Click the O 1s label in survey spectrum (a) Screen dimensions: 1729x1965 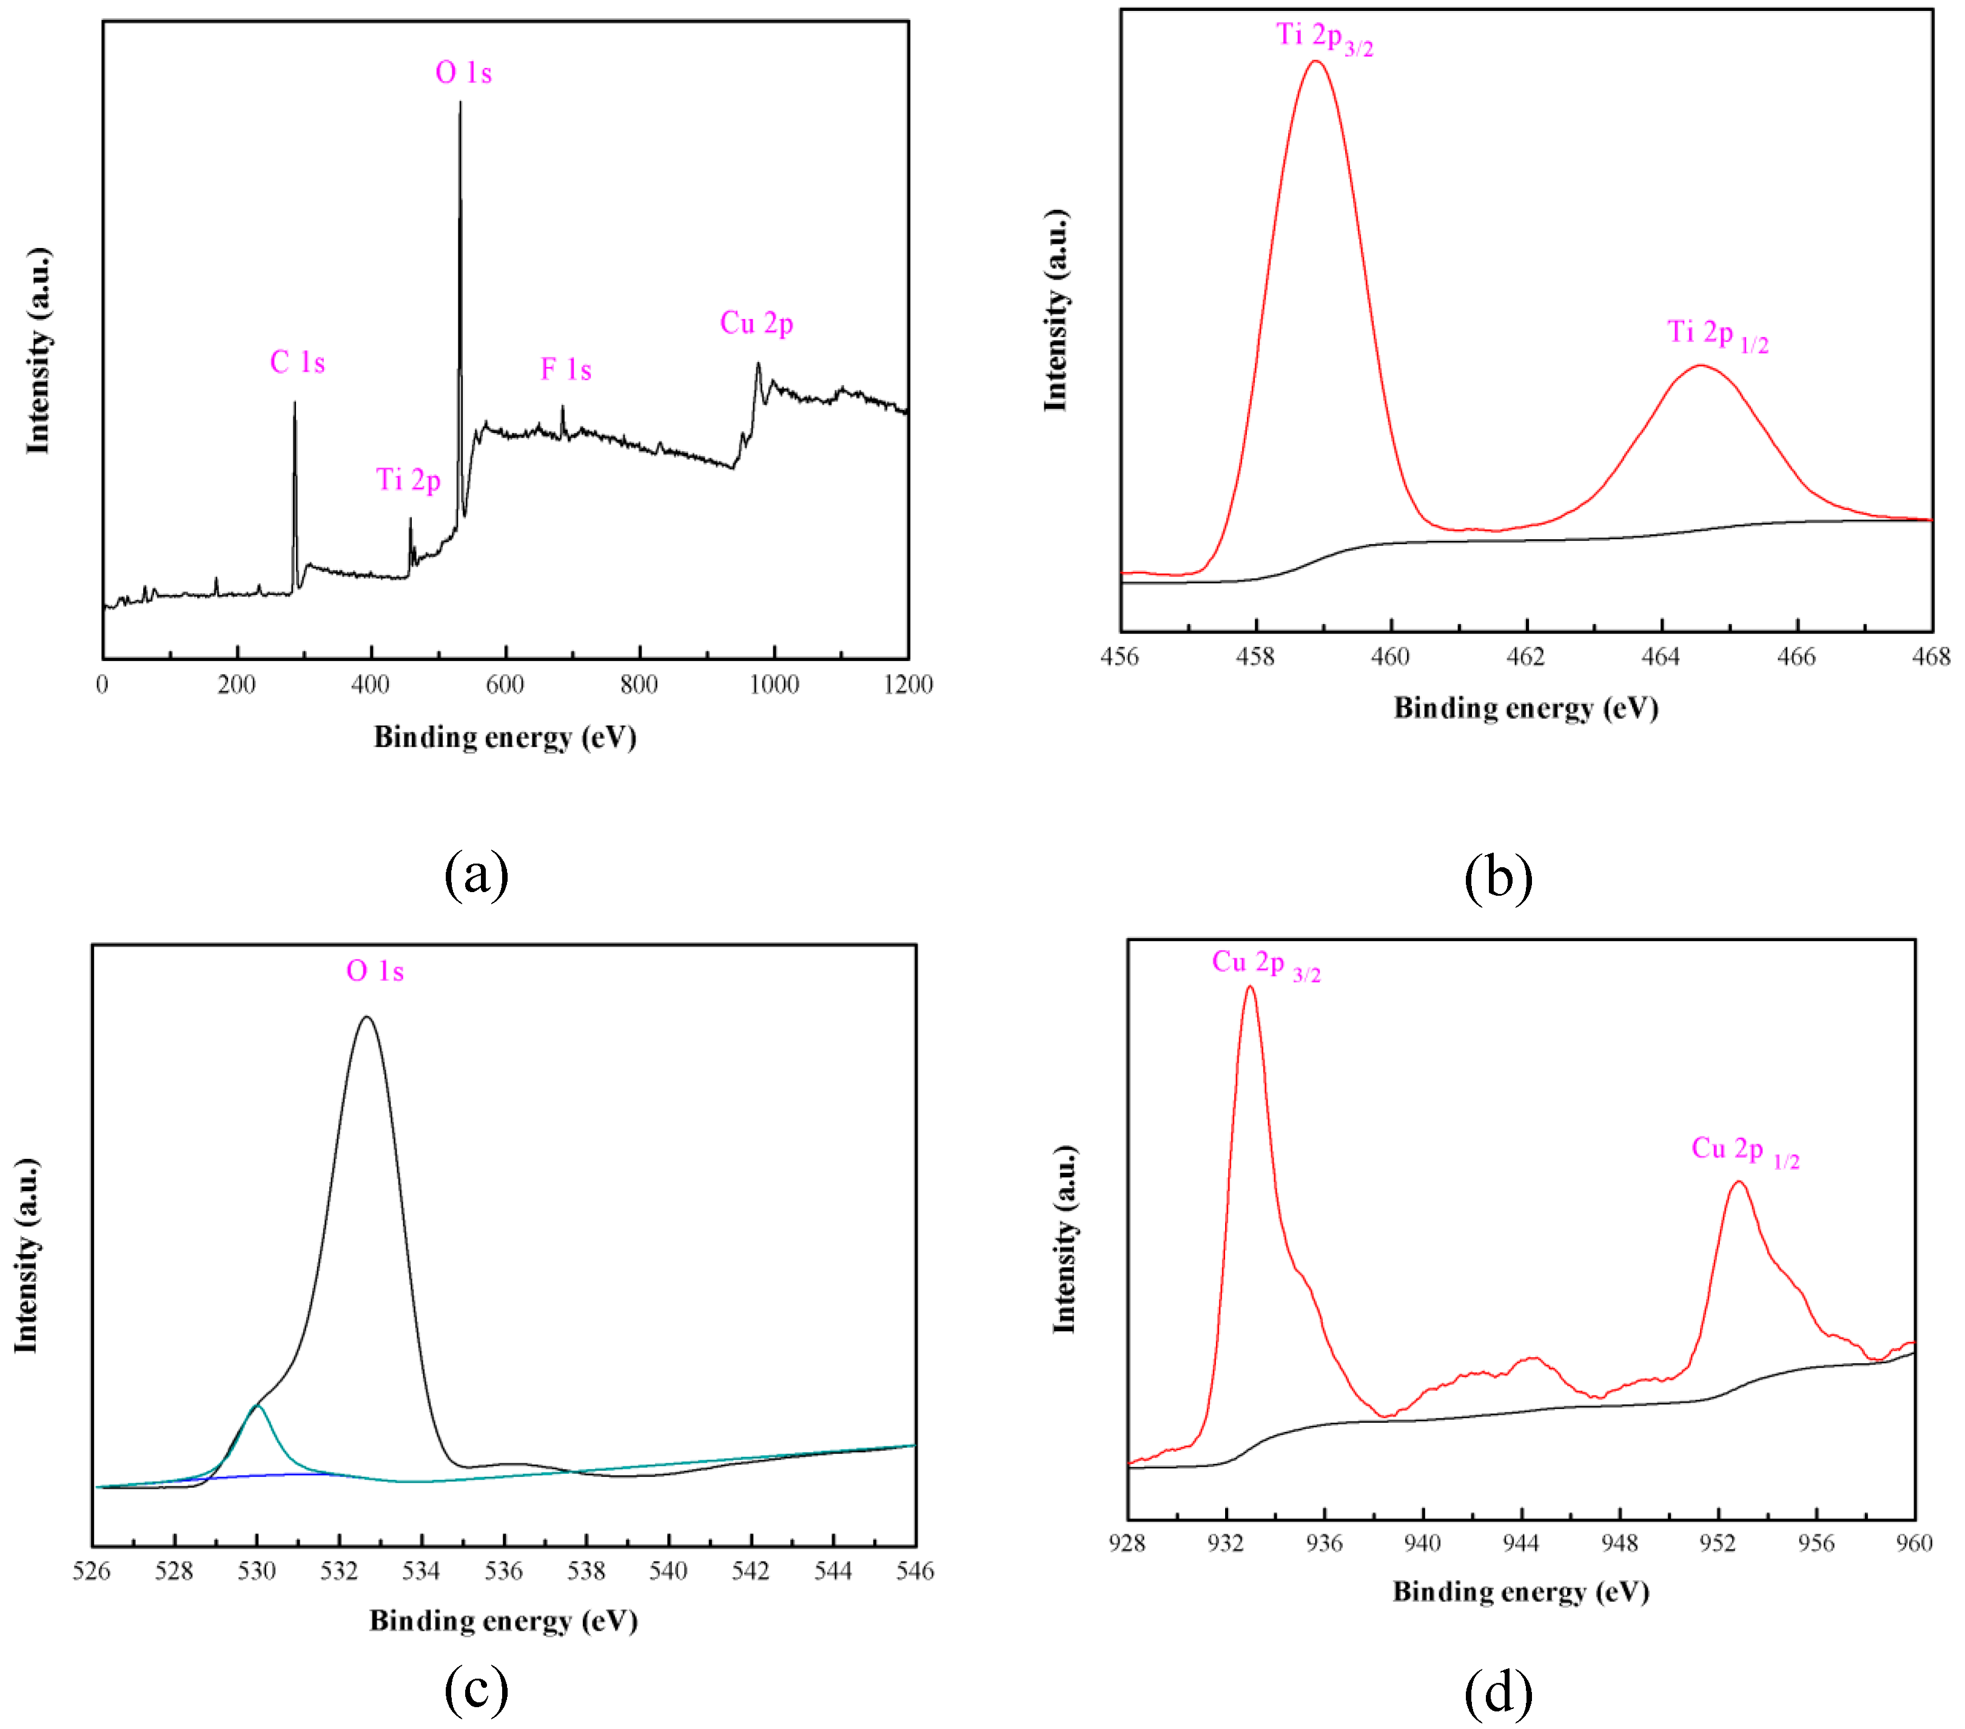[x=463, y=73]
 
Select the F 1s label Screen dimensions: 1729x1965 [x=565, y=369]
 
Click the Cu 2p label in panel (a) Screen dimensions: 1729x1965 [x=756, y=324]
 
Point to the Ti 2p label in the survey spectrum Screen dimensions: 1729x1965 [x=409, y=480]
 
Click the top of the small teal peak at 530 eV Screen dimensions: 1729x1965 [x=257, y=1406]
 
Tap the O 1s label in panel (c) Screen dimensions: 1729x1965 [x=375, y=971]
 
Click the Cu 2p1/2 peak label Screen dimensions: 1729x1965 [x=1744, y=1150]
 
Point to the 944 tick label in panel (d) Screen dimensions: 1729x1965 [x=1520, y=1543]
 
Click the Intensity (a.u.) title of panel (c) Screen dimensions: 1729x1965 [x=26, y=1255]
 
